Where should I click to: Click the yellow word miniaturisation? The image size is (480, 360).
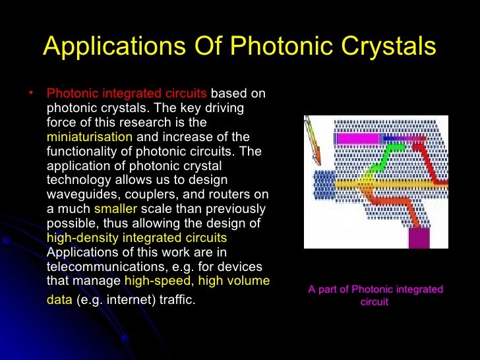click(x=90, y=136)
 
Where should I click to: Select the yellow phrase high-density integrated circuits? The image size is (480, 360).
click(x=136, y=237)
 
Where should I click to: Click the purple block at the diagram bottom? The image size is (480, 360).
click(x=418, y=238)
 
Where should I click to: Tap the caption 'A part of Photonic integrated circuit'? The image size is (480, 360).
click(x=375, y=295)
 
